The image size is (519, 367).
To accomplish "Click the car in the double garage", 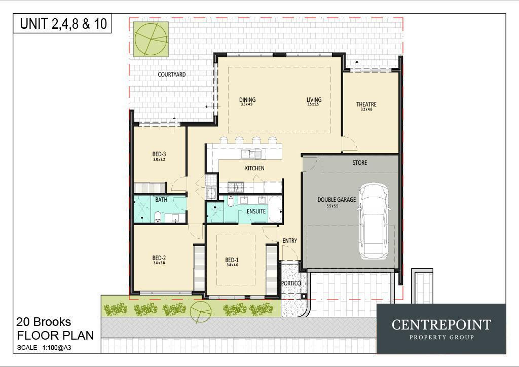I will pyautogui.click(x=374, y=220).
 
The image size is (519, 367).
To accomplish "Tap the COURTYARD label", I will pyautogui.click(x=171, y=75).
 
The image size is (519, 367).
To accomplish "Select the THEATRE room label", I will pyautogui.click(x=366, y=105).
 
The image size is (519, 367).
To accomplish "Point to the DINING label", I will pyautogui.click(x=247, y=100).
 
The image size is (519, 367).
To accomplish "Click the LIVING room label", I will pyautogui.click(x=314, y=100).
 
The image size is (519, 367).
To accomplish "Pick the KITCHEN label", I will pyautogui.click(x=254, y=168).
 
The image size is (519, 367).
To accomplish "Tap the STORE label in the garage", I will pyautogui.click(x=359, y=163).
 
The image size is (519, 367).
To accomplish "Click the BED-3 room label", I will pyautogui.click(x=159, y=154).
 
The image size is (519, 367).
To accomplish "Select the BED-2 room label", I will pyautogui.click(x=159, y=258).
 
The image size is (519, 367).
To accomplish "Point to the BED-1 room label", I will pyautogui.click(x=232, y=260).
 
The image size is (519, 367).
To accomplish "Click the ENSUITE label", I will pyautogui.click(x=256, y=211).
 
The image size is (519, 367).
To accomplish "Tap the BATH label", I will pyautogui.click(x=161, y=200).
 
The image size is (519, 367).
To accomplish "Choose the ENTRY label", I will pyautogui.click(x=289, y=241).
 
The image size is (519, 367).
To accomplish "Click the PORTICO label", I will pyautogui.click(x=291, y=283).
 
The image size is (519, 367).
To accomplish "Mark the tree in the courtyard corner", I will pyautogui.click(x=151, y=39).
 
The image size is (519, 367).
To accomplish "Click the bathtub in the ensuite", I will pyautogui.click(x=275, y=209).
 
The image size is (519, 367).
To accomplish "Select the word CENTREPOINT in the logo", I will pyautogui.click(x=441, y=324).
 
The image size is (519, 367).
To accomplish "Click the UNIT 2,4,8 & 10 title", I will pyautogui.click(x=63, y=24).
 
